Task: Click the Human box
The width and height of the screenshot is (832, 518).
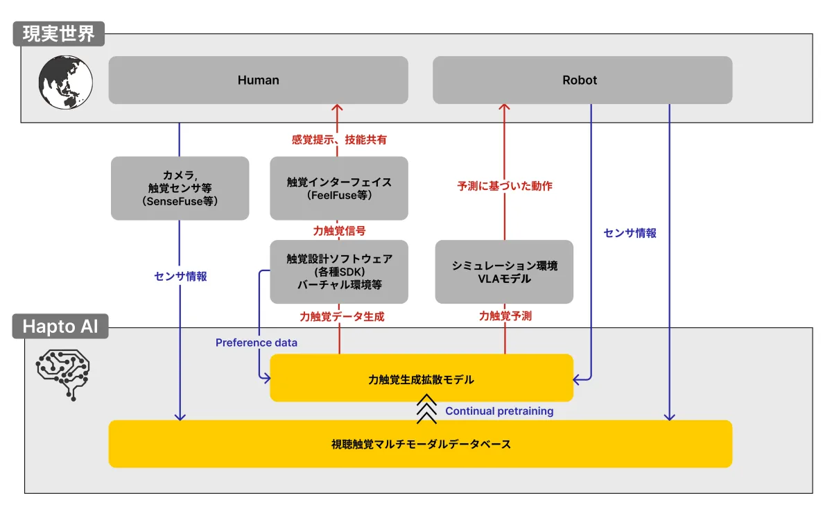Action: (258, 80)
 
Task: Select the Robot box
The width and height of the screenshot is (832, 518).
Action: (582, 80)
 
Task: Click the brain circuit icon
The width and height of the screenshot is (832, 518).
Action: (63, 372)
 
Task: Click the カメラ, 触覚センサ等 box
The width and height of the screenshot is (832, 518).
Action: (180, 188)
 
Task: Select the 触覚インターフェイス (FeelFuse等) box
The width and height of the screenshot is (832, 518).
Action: (338, 188)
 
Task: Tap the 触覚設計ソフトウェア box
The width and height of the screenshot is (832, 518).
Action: (339, 271)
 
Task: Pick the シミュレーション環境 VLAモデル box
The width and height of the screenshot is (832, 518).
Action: (504, 271)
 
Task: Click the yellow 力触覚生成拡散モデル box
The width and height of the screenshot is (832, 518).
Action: (421, 379)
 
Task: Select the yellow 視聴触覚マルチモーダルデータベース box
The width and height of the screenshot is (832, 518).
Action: (420, 444)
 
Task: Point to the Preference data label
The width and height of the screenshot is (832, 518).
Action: (256, 343)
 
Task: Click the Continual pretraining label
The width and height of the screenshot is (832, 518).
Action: (499, 411)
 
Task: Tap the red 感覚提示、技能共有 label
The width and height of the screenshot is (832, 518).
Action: (339, 139)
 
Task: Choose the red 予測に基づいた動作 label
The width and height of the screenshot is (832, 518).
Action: (504, 186)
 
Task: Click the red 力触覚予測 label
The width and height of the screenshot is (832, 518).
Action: (504, 316)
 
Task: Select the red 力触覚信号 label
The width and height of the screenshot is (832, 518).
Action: (339, 230)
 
